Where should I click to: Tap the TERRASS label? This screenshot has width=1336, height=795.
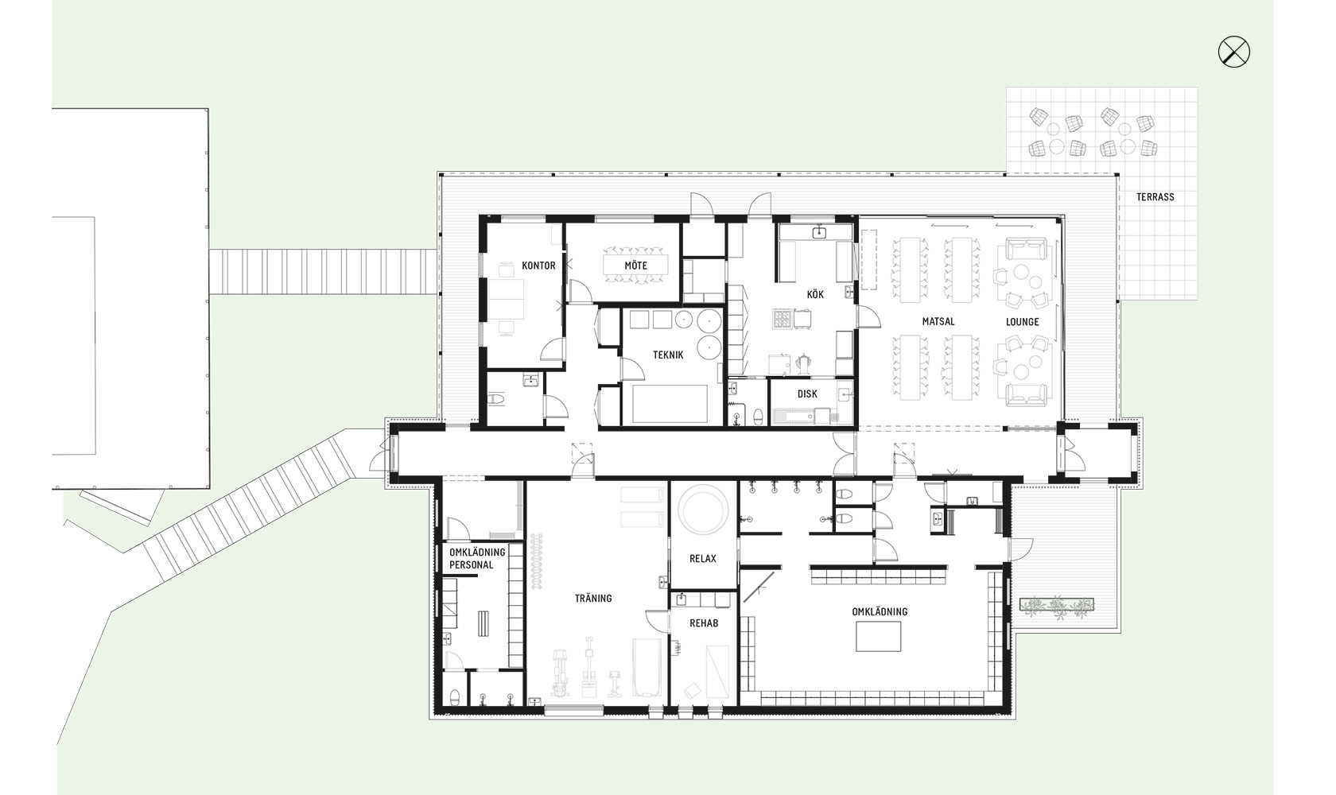1155,197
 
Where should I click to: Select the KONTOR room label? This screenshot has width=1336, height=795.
538,266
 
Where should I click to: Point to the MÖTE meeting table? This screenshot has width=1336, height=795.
635,266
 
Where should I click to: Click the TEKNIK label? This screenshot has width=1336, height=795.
668,355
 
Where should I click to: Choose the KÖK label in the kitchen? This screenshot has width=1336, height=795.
814,295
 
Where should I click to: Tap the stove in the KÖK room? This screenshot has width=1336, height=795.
782,319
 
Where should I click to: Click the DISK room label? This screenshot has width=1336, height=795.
807,394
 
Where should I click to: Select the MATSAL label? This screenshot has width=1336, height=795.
938,321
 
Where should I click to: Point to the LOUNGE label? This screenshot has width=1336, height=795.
1023,322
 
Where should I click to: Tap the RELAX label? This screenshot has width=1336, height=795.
703,559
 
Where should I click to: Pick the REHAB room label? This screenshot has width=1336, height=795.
704,623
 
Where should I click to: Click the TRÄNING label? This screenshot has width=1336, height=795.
593,598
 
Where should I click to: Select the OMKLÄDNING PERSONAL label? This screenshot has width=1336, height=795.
477,558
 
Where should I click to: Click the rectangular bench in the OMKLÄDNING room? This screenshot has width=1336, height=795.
878,636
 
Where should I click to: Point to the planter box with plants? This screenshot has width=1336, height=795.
1057,605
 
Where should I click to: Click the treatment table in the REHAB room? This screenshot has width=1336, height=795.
717,672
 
